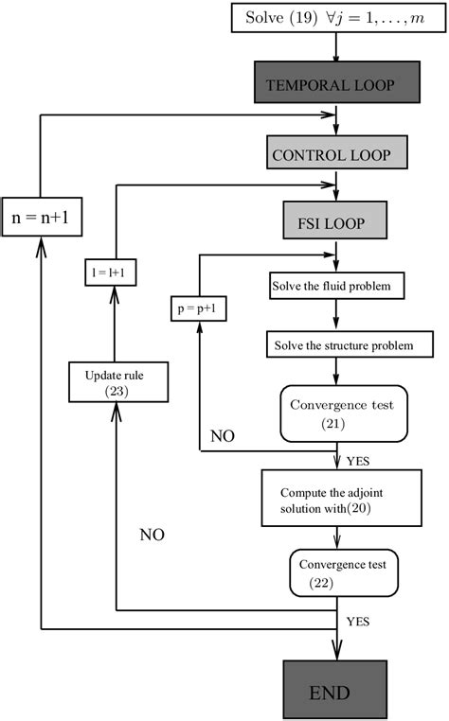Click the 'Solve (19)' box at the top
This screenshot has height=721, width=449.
pos(336,18)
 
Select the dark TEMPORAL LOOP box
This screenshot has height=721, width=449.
pos(336,83)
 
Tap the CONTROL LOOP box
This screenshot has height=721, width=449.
pos(336,153)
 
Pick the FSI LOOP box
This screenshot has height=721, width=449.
pos(336,223)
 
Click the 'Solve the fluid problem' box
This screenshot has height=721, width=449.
pos(338,284)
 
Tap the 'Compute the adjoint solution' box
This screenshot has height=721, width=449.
pos(340,502)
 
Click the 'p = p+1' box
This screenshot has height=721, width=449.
pos(199,309)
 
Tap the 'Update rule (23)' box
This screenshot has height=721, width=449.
pos(114,380)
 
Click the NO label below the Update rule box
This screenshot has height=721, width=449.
pos(152,535)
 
